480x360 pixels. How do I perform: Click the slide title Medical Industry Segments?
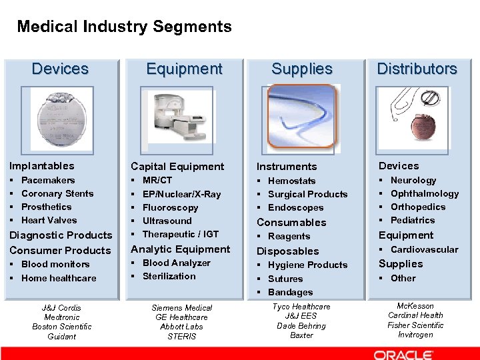(x=124, y=27)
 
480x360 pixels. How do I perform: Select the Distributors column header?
(x=417, y=69)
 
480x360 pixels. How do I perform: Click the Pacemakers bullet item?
(x=48, y=180)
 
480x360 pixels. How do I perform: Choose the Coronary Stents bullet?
(x=57, y=193)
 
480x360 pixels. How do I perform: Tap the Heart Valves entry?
(x=49, y=220)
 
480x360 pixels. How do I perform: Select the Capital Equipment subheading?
(x=177, y=166)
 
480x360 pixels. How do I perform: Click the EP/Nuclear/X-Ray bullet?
(x=181, y=194)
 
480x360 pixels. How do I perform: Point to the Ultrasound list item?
(x=167, y=221)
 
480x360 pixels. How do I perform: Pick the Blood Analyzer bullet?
(x=176, y=263)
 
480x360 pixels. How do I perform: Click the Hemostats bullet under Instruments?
(x=291, y=181)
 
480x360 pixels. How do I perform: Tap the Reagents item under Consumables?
(x=289, y=236)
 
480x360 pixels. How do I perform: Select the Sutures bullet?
(x=285, y=279)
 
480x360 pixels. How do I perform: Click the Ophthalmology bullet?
(x=425, y=193)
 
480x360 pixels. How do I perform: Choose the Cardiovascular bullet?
(x=424, y=249)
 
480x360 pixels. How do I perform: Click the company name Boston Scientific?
(x=62, y=327)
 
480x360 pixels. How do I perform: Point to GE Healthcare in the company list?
(x=181, y=317)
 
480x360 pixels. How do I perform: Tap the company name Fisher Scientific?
(x=415, y=325)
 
